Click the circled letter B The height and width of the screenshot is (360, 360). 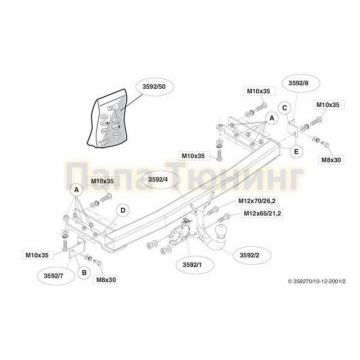tap(84, 272)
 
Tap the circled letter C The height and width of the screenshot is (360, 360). tap(284, 109)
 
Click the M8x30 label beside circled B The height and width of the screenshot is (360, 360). tap(106, 281)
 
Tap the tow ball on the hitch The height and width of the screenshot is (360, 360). tap(218, 236)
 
